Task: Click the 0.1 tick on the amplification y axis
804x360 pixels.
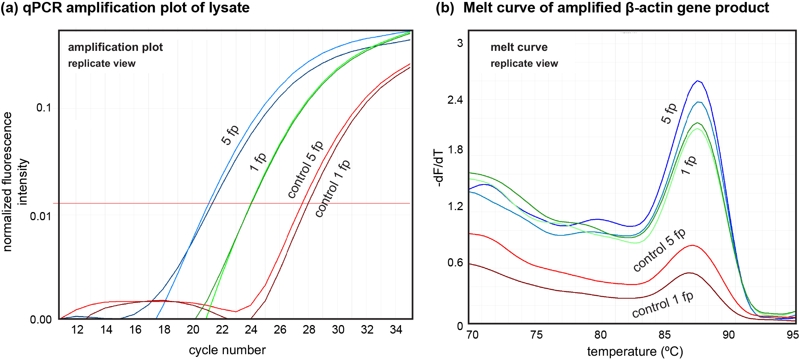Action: coord(44,108)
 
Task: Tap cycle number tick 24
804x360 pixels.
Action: coord(251,330)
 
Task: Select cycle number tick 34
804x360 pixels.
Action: coord(396,330)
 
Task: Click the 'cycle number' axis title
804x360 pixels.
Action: coord(227,350)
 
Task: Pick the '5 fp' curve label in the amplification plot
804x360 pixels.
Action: coord(230,135)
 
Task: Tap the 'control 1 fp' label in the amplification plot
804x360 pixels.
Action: coord(333,188)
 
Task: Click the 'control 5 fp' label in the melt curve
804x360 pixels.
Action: coord(659,250)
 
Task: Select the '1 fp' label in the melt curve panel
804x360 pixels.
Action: coord(689,165)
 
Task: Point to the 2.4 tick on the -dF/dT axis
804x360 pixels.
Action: coord(455,100)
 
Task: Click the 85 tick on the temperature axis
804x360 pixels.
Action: coord(664,335)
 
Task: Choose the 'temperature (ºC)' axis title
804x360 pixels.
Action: coord(635,351)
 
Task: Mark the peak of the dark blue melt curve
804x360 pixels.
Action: coord(698,81)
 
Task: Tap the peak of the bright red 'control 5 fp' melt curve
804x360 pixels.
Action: coord(692,245)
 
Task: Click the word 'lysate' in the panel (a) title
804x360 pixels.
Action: coord(229,8)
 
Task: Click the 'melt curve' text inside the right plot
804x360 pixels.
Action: coord(519,47)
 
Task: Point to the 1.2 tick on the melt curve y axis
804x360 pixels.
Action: coord(455,206)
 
